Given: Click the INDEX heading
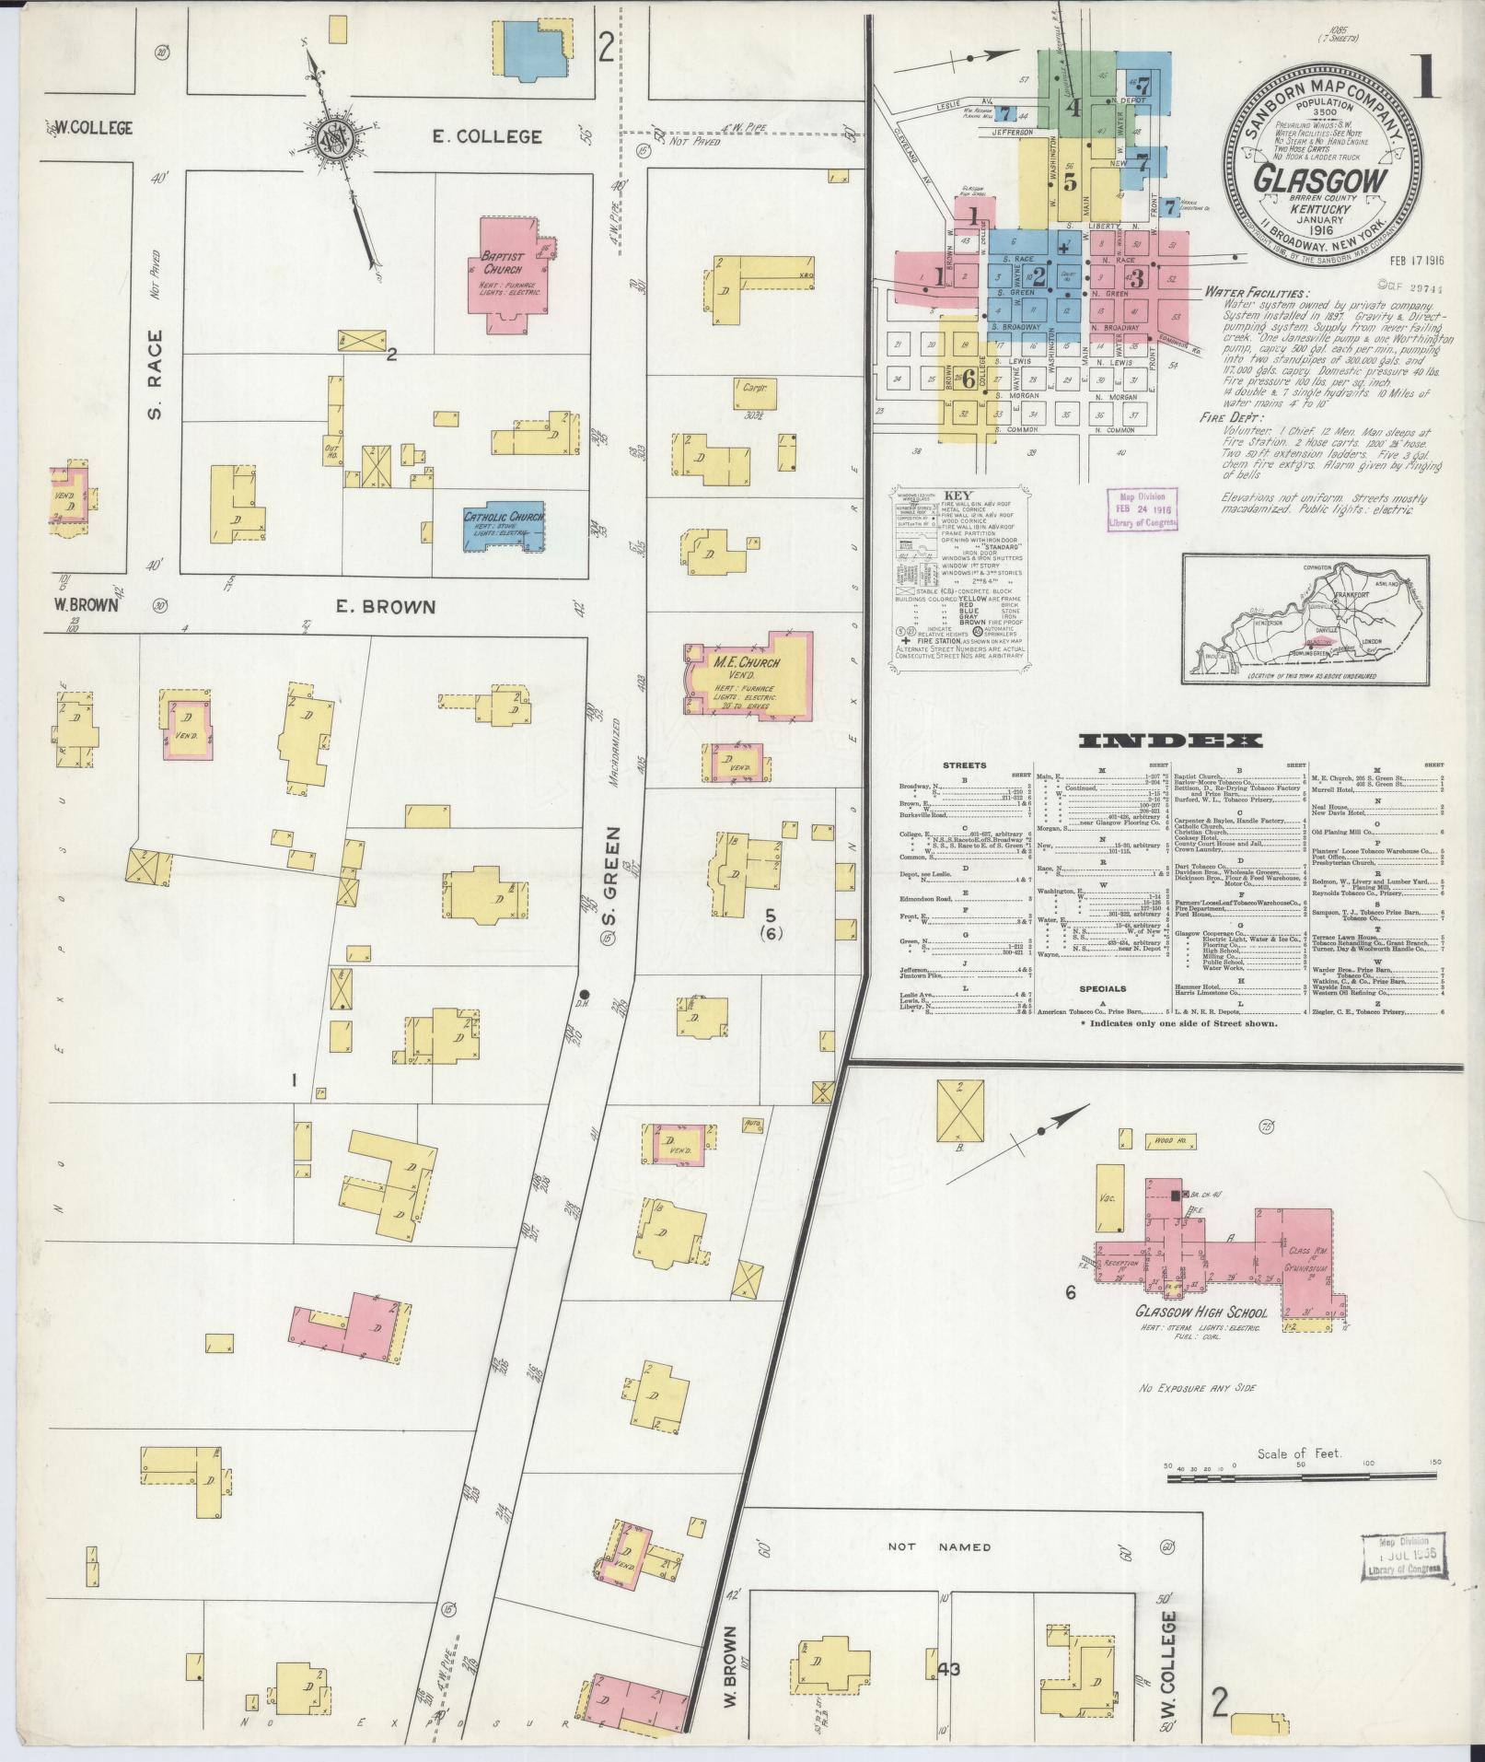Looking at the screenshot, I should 1170,741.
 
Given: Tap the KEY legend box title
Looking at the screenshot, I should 957,495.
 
